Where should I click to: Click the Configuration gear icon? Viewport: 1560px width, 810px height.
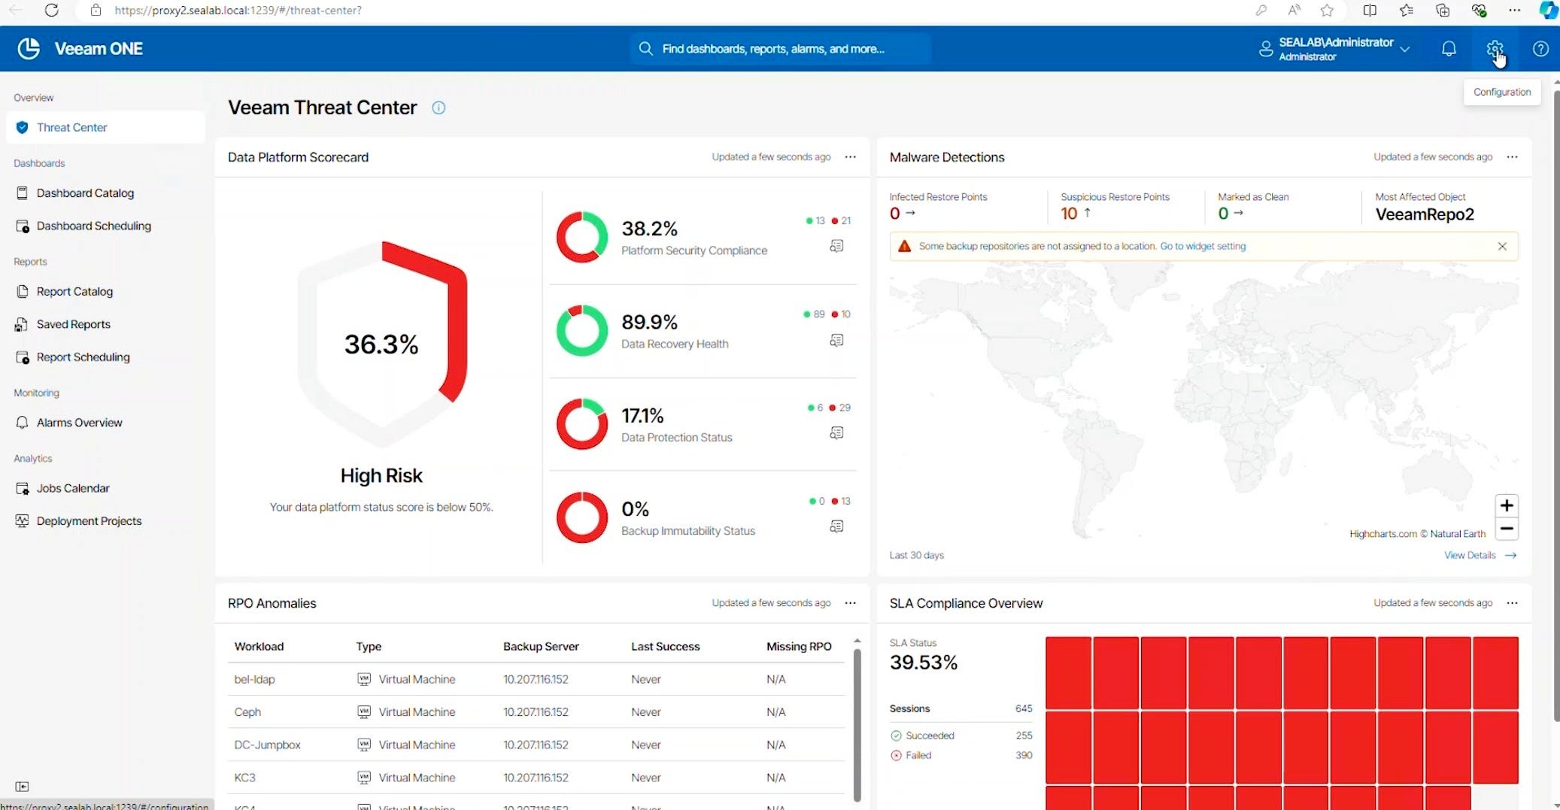1494,49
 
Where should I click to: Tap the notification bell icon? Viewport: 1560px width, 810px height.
1448,49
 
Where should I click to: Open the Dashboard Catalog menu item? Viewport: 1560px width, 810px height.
85,193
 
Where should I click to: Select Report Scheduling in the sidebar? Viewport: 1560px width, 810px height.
83,357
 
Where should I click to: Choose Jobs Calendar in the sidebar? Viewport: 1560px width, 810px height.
73,488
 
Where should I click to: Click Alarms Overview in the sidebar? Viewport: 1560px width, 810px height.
79,423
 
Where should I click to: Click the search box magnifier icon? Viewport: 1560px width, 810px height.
645,49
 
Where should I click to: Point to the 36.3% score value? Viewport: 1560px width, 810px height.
381,344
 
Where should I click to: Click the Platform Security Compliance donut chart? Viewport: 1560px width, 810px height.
581,237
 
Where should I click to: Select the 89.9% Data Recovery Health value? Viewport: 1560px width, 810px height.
649,323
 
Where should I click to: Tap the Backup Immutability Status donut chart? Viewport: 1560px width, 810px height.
581,517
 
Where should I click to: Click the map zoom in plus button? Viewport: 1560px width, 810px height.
1506,505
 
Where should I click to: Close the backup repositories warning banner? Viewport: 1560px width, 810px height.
1502,247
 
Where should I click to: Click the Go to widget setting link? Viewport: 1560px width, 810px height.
1203,247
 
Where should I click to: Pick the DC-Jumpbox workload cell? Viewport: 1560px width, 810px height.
267,745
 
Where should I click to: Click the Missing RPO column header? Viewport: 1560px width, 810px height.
799,647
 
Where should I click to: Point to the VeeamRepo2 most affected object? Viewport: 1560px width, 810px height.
1424,214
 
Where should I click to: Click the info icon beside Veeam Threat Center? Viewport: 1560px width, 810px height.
439,108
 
